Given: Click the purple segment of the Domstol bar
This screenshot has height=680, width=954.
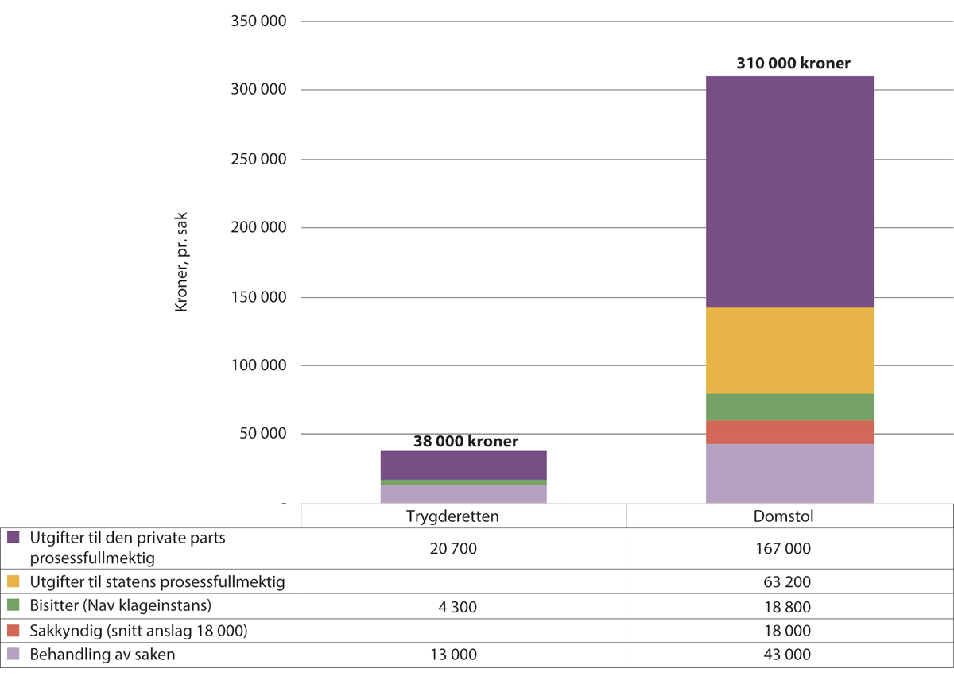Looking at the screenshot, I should coord(789,191).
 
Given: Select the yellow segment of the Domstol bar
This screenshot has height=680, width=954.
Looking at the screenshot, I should coord(789,350).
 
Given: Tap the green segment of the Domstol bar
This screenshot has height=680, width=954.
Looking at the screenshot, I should coord(789,407).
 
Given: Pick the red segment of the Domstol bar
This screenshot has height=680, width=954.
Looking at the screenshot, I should coord(789,432).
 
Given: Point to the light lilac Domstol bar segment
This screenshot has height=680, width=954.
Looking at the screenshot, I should coord(789,473).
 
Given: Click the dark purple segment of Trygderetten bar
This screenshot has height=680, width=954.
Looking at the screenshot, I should coord(463,466).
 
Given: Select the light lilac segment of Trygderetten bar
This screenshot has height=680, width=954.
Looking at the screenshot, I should coord(463,493).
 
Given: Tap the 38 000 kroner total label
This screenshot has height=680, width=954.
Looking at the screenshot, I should coord(466,441).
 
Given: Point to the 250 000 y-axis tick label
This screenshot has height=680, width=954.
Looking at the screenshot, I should coord(258,160).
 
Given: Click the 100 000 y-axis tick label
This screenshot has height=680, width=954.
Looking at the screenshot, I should coord(258,366).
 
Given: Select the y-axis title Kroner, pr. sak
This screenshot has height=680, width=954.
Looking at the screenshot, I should coord(182,263).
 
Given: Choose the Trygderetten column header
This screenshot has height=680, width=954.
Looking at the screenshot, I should coord(463,516).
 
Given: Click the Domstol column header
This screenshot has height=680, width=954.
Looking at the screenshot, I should coord(789,516).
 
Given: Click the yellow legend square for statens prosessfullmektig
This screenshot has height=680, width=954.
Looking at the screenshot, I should coord(14,581).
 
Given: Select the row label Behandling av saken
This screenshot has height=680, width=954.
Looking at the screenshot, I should coord(103,655).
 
